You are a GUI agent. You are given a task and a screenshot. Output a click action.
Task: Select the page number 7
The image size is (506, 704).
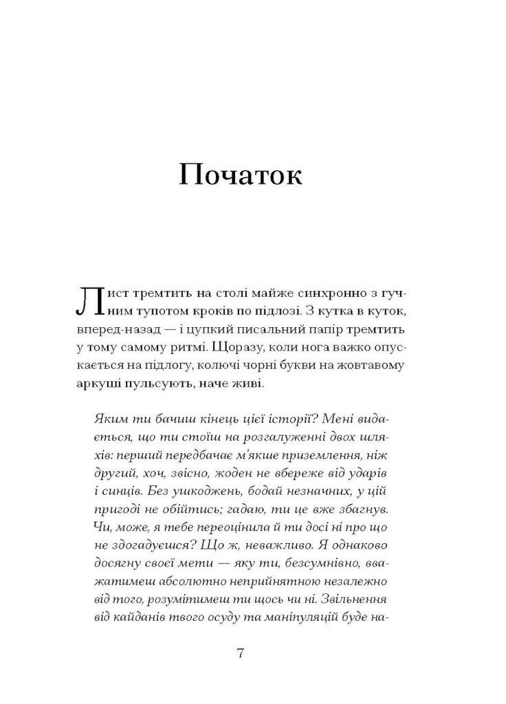coord(240,653)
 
